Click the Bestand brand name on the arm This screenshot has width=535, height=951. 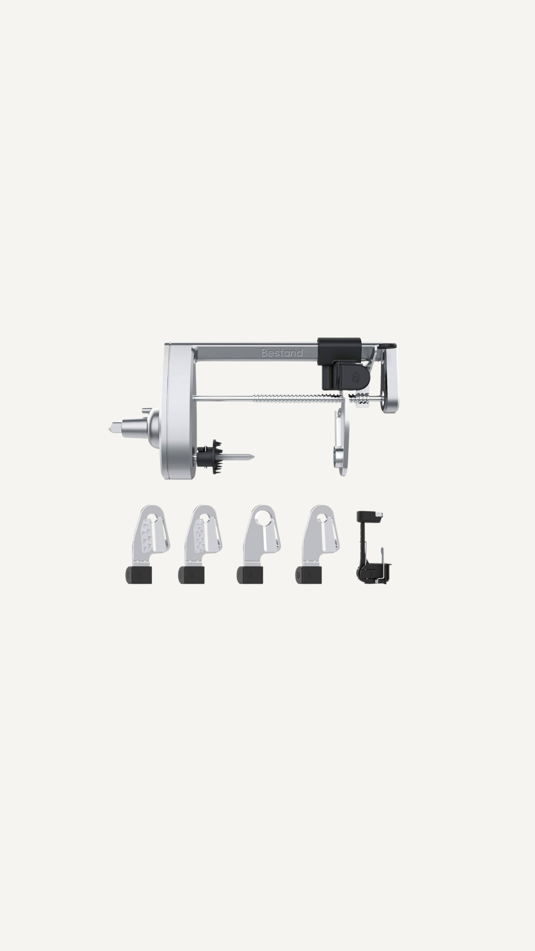coord(282,353)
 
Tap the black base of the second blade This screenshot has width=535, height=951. coord(192,575)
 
